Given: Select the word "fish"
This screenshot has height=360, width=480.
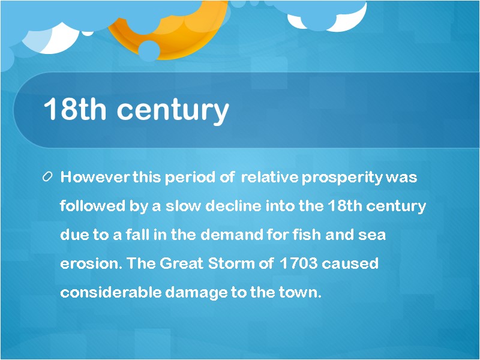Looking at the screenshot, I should [x=302, y=235].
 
